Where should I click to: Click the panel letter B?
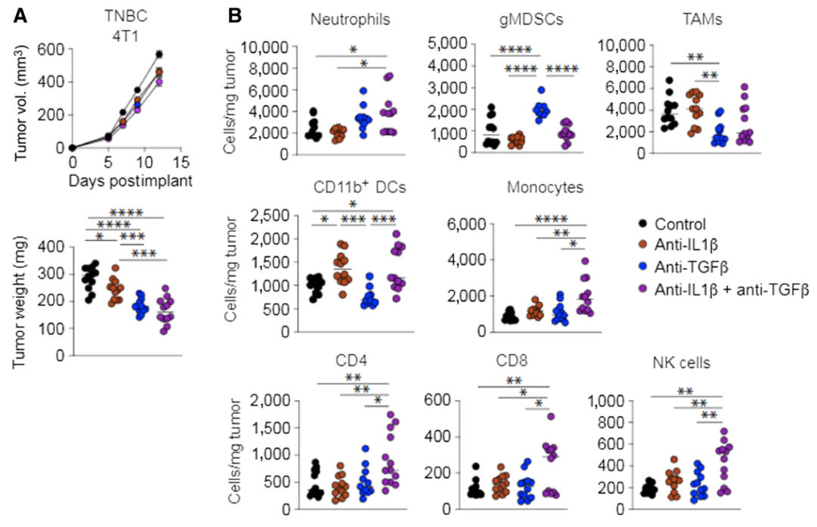coord(236,14)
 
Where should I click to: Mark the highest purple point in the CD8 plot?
coord(551,416)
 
